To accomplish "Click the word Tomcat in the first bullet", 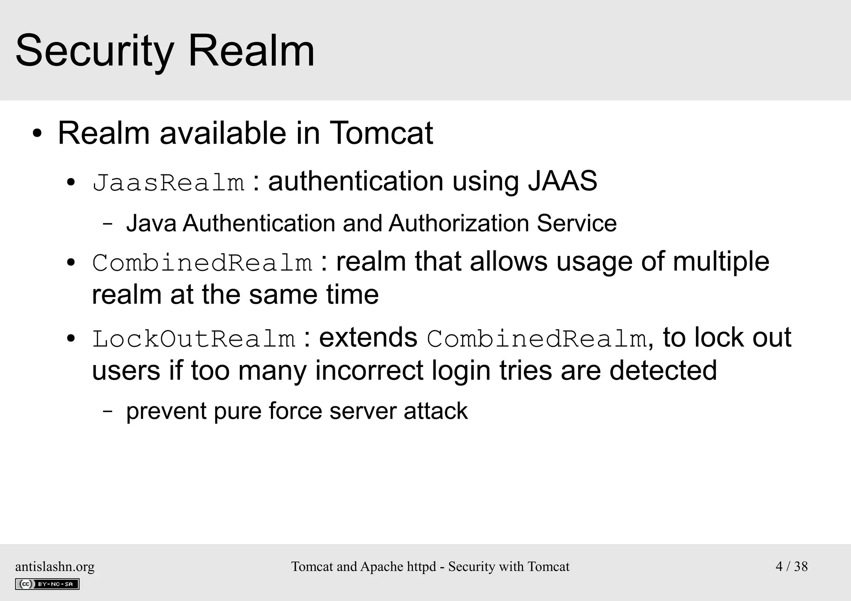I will [x=381, y=133].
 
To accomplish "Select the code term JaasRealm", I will [x=168, y=182].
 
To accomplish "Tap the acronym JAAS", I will [x=562, y=181].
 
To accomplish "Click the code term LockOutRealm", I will [x=194, y=338].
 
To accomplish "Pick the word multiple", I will [x=721, y=262].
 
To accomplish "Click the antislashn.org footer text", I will [x=55, y=567].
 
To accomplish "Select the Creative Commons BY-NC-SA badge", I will [x=47, y=584].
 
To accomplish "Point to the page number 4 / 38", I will [x=792, y=567].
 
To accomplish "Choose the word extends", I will [x=368, y=337].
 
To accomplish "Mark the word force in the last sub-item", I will [x=295, y=411].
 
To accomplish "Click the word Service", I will [x=576, y=223].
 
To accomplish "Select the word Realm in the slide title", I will [x=251, y=52].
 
